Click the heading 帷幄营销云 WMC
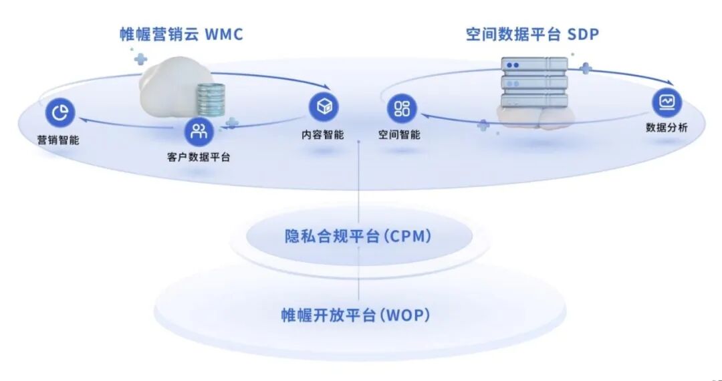181,34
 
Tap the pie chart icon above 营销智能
60,114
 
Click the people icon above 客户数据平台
199,131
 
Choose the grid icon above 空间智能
402,108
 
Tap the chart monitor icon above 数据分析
667,102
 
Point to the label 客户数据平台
199,158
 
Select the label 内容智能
323,134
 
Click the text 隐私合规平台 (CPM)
358,236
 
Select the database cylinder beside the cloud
209,101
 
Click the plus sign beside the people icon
231,122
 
